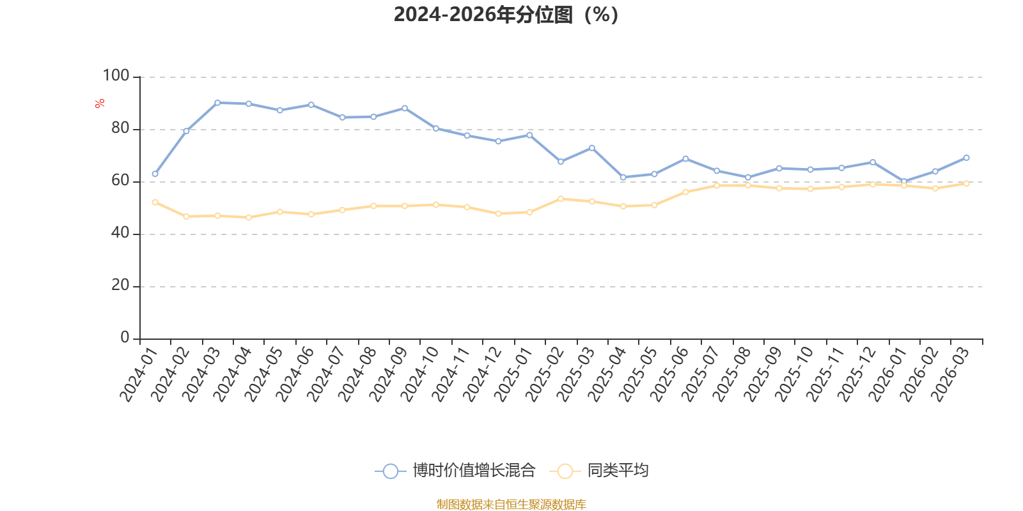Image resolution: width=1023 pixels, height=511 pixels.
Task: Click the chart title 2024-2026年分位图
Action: pos(506,14)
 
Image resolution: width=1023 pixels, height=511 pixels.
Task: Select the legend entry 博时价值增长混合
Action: pos(473,471)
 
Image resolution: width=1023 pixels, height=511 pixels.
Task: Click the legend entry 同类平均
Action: pos(617,471)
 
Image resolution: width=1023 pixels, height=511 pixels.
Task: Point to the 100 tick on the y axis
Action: pos(116,76)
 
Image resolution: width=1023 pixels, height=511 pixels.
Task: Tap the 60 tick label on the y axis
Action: pos(120,181)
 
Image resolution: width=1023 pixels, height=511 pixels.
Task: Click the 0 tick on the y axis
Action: pos(125,338)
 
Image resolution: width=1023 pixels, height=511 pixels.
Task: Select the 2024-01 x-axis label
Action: pos(138,376)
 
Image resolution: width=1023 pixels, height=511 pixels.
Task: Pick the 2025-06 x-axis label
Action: pos(669,376)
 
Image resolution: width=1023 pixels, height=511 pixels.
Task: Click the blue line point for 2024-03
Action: pos(217,102)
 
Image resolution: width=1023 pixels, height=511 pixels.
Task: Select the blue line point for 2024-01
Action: pos(155,174)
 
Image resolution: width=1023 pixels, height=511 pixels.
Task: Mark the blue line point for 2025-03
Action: pos(591,148)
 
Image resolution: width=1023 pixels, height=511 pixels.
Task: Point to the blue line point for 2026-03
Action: pos(966,157)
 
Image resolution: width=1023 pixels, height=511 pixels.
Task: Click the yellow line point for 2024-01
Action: pos(155,202)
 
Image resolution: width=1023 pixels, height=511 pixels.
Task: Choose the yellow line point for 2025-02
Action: pos(561,199)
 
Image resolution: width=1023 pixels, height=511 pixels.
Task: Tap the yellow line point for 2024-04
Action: pos(249,217)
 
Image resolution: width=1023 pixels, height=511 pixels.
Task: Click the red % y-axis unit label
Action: pos(99,103)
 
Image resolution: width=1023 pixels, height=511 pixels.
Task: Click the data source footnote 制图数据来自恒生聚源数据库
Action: pos(511,505)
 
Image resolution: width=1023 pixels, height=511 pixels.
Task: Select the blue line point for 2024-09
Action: pos(405,108)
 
